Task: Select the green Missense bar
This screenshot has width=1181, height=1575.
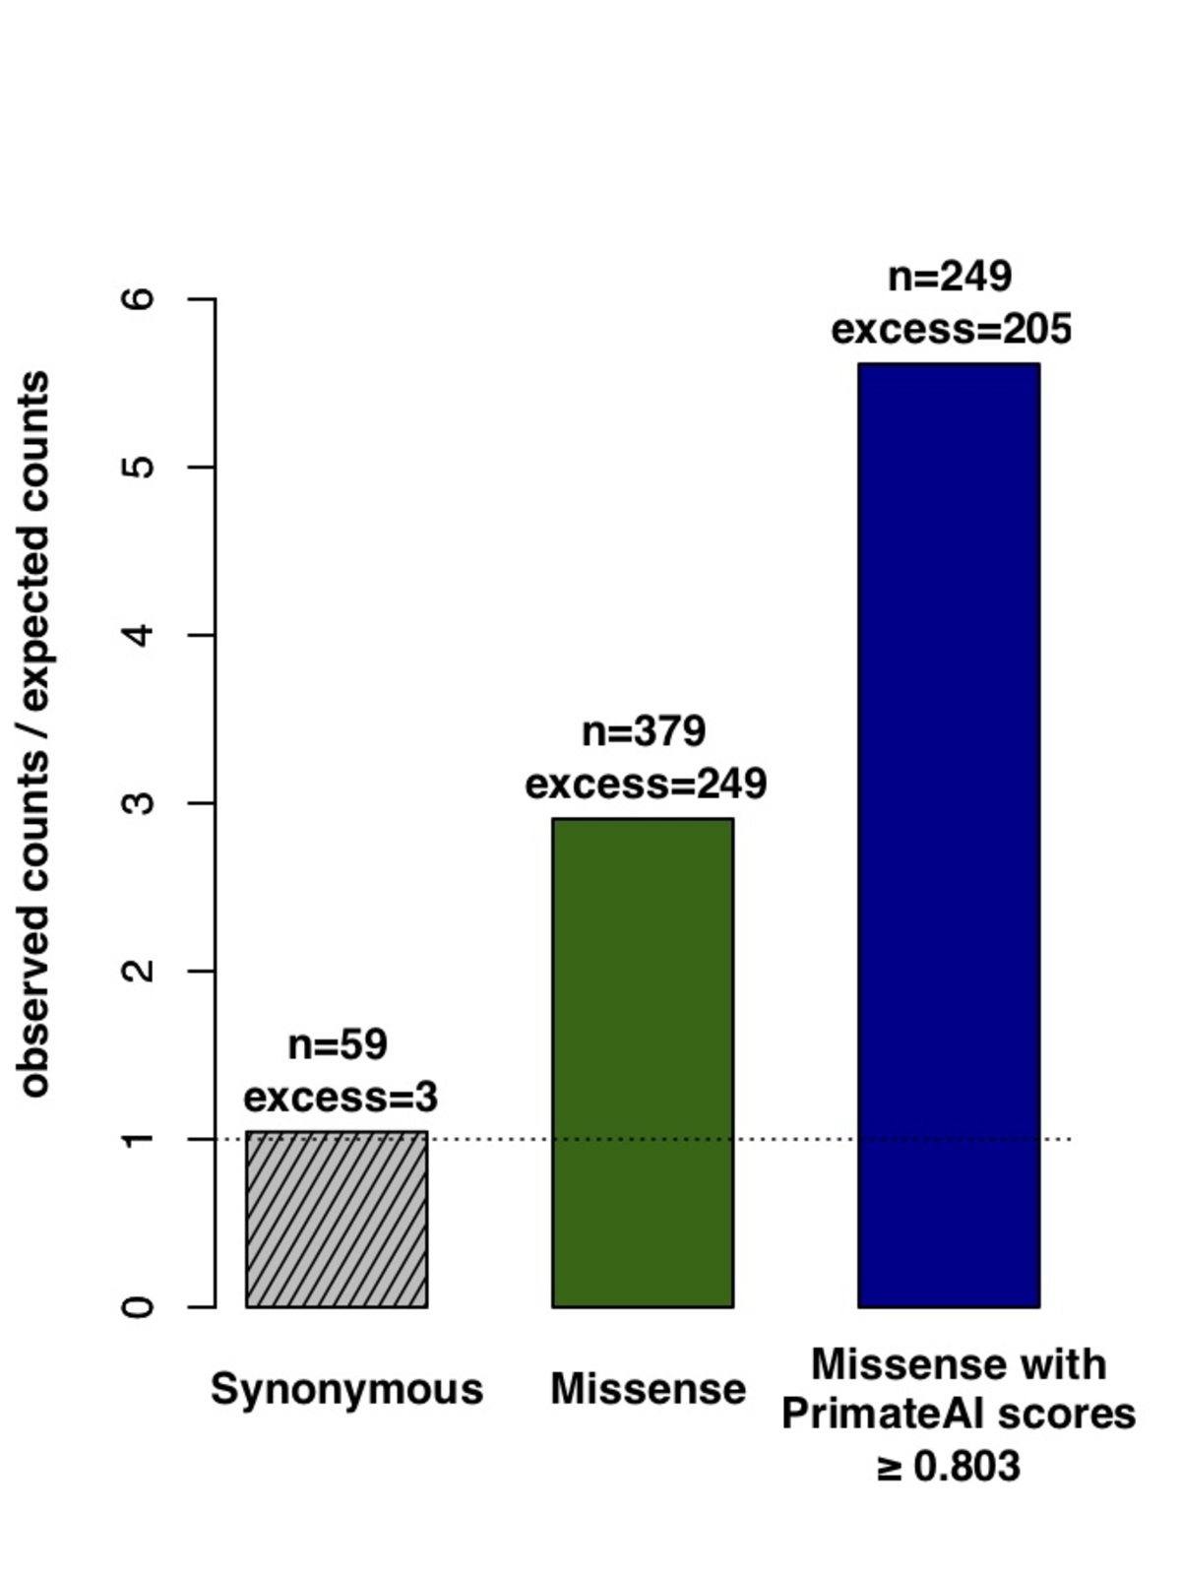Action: click(x=643, y=1063)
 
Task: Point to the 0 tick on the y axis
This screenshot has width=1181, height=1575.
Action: click(x=142, y=1307)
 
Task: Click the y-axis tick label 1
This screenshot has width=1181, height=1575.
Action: click(x=142, y=1139)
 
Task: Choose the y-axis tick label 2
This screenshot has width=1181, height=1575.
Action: click(x=142, y=971)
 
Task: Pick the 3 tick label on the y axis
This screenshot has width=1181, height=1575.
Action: click(x=142, y=802)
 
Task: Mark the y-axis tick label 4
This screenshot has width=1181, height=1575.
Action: click(x=142, y=635)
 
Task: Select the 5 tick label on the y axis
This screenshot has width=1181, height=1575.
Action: click(x=142, y=467)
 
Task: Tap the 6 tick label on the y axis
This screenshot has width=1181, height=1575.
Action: click(x=142, y=298)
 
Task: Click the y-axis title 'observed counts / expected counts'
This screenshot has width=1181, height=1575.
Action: click(x=35, y=733)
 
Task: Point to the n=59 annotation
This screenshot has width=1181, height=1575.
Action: click(x=338, y=1044)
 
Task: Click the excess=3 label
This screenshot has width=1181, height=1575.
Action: click(x=341, y=1097)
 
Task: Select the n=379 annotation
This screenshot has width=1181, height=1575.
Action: click(x=644, y=731)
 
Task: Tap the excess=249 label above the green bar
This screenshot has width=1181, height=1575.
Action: click(x=646, y=785)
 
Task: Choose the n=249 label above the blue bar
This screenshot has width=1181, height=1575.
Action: click(x=950, y=277)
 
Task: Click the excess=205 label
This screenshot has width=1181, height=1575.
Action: click(x=951, y=329)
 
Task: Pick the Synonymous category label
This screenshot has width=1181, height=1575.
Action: click(x=346, y=1389)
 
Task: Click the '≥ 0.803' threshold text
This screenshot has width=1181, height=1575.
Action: click(x=948, y=1467)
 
